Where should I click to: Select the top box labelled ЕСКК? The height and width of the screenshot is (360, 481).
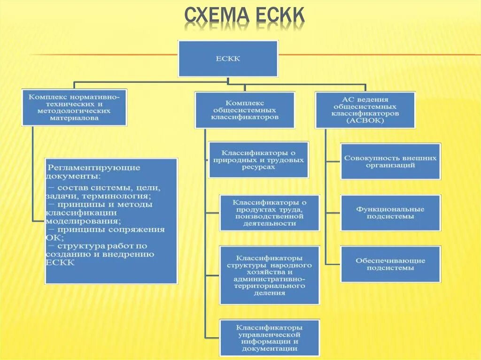228,59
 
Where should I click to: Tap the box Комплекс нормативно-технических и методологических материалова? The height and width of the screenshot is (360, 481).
75,107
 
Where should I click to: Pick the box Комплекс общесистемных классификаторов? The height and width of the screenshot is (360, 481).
245,110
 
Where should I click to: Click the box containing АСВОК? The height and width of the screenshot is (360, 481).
365,110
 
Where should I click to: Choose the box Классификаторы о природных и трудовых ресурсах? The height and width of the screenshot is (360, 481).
259,160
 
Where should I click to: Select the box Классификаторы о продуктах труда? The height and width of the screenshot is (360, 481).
270,213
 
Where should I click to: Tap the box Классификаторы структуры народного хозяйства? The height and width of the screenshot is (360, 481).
270,275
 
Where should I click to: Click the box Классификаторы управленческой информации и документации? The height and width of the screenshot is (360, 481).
270,337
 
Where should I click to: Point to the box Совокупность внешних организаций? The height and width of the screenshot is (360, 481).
390,161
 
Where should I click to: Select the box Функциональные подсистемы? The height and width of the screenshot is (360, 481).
390,213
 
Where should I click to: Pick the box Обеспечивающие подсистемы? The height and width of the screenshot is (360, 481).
390,264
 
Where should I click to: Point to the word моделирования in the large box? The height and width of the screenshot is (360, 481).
82,221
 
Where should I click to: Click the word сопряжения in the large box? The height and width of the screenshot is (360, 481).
140,230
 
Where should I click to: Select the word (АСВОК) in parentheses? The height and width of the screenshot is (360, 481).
365,120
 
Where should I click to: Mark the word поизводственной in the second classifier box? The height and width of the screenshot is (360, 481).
270,216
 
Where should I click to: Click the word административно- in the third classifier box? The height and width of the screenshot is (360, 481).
270,279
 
